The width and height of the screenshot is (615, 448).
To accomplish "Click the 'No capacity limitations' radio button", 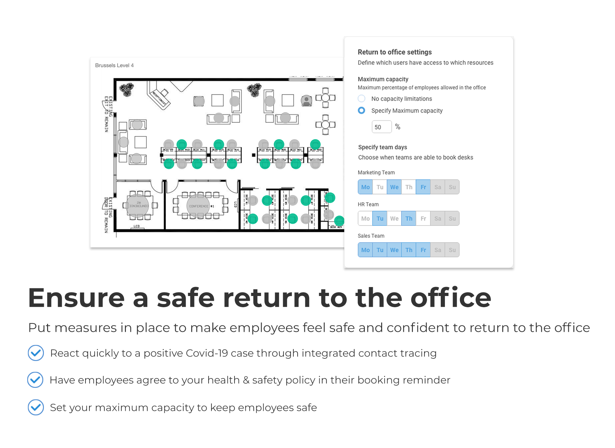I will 361,99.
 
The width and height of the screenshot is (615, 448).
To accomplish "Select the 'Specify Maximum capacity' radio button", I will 361,110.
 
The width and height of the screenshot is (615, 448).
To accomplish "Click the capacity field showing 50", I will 381,127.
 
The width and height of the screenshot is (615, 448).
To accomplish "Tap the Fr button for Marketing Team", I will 423,187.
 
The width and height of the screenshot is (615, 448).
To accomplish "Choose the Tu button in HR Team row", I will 380,219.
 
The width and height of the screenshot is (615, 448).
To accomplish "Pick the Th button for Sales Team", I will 409,250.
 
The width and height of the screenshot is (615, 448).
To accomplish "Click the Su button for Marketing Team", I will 452,187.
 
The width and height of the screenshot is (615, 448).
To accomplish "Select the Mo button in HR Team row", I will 365,219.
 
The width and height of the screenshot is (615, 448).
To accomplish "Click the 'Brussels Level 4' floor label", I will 114,65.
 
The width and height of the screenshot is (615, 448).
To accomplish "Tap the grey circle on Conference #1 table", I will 198,206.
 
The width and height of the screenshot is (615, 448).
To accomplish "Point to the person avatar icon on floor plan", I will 307,100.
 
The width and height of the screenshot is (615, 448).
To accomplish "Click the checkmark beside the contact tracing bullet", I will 36,353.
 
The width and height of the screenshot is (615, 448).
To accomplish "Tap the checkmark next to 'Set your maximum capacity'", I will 36,407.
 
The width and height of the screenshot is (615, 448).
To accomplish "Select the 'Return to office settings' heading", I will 395,52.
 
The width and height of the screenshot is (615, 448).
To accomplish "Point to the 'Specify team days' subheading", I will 382,147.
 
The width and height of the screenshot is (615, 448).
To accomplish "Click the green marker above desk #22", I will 315,144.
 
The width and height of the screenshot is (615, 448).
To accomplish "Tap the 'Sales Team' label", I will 371,236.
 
